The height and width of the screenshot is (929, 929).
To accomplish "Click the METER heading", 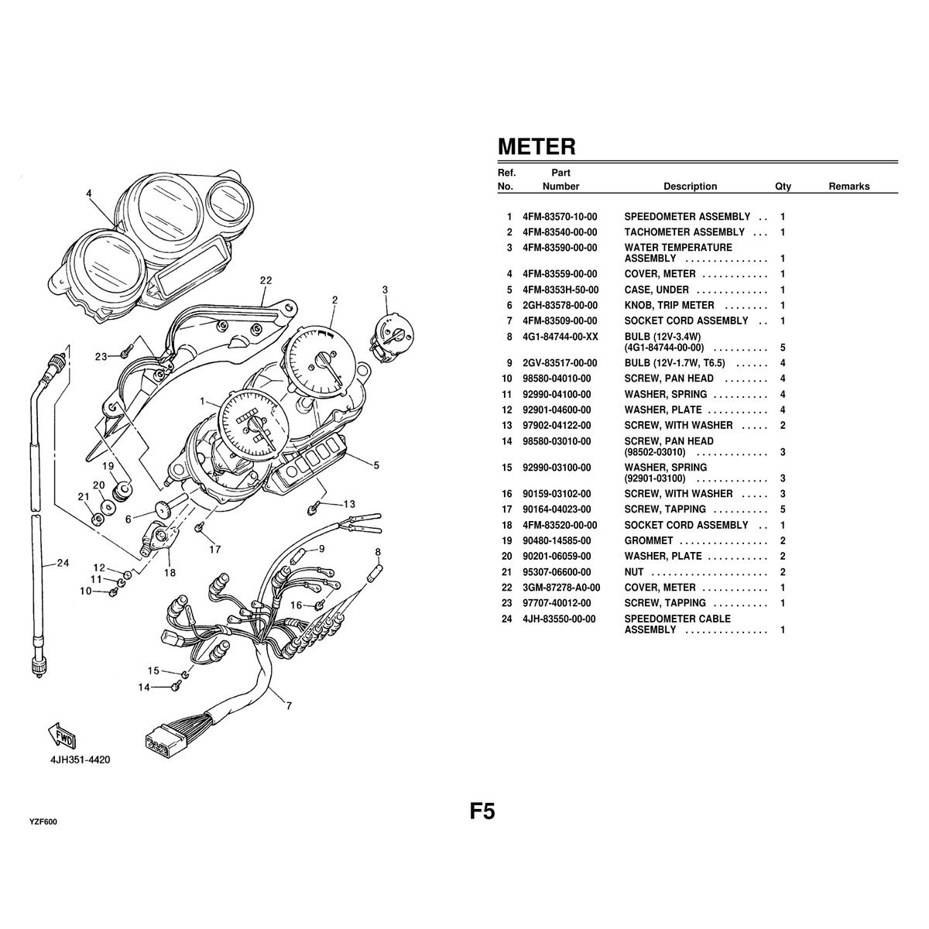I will pos(536,146).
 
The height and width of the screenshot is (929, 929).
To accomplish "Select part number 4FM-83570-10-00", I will pos(560,217).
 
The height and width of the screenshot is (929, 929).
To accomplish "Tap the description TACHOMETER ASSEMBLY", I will pos(684,232).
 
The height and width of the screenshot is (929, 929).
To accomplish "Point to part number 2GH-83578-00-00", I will pos(560,306).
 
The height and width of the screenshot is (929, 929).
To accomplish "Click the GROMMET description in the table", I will pos(649,540).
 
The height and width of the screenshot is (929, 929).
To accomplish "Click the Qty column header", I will pos(783,187).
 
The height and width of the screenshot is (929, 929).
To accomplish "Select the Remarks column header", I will pos(848,187).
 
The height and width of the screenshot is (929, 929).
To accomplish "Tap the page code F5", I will pos(482,811).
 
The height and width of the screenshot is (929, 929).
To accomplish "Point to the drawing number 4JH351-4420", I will pos(81,759).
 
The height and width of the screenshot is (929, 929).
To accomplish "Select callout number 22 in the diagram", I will pos(266,280).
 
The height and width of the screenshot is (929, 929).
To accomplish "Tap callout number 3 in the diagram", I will pos(385,290).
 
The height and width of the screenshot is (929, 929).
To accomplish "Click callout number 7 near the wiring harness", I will pos(289,705).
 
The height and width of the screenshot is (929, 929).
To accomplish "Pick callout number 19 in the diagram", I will pos(108,466).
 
